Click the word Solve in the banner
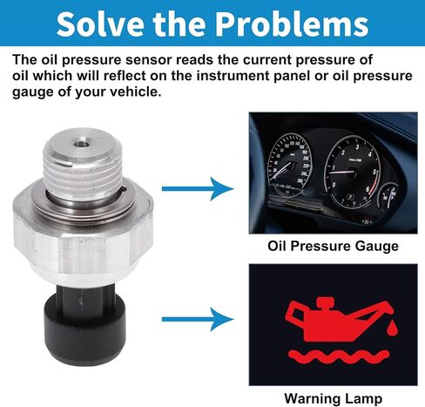[100, 24]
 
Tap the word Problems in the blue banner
[292, 24]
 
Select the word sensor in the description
[148, 60]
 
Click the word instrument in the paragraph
[233, 76]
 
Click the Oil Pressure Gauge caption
[333, 246]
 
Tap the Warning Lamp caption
[333, 398]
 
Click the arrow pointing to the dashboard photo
[198, 189]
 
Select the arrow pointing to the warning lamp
[198, 319]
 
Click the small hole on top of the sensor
[81, 144]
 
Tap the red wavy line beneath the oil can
[338, 356]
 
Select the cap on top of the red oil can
[325, 302]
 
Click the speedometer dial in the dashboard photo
[290, 166]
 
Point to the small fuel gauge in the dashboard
[389, 196]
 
